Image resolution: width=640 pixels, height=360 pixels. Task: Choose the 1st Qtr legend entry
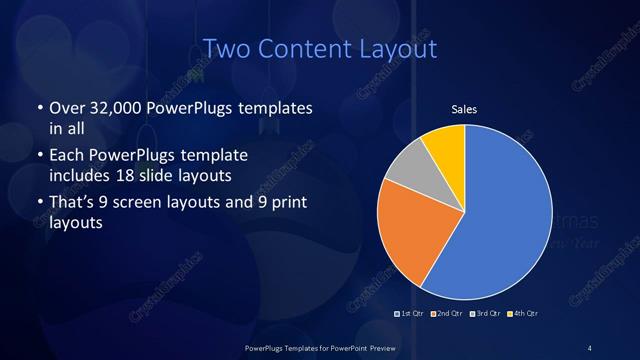pyautogui.click(x=407, y=314)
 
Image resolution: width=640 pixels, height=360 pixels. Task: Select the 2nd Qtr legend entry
pyautogui.click(x=445, y=314)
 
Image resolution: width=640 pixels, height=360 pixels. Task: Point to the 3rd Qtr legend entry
pyautogui.click(x=485, y=314)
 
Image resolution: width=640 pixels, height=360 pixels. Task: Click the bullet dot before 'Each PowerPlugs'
pyautogui.click(x=39, y=157)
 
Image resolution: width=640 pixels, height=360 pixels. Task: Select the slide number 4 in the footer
pyautogui.click(x=590, y=347)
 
